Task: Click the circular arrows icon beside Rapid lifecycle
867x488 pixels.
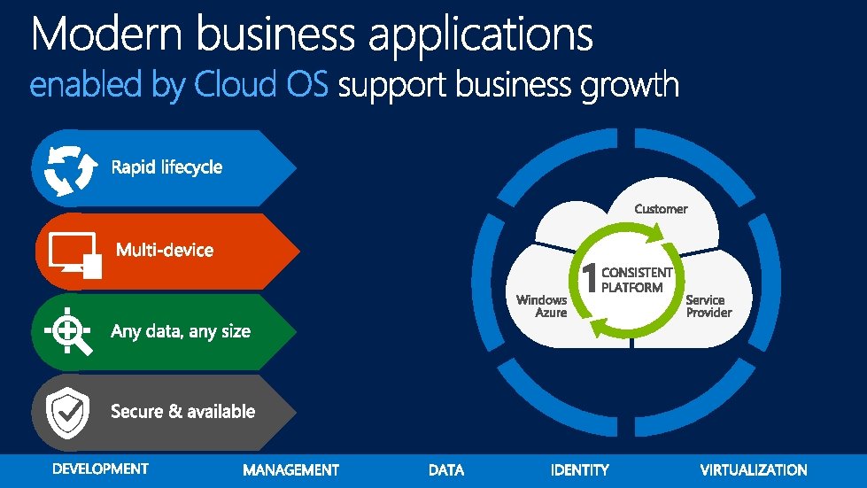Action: pos(64,168)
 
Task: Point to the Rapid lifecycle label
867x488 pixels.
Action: pos(166,167)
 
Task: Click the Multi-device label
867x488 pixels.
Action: pos(165,250)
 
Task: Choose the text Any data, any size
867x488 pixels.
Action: pos(181,332)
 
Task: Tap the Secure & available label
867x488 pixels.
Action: pos(182,412)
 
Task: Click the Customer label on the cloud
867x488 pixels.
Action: pos(661,209)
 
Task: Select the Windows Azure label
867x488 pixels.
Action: pos(543,306)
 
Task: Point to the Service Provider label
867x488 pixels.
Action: pos(708,306)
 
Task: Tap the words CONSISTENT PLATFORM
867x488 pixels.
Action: pos(636,280)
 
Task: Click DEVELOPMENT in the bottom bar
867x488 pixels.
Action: pos(101,469)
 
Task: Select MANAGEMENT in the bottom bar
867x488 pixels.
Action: pos(290,470)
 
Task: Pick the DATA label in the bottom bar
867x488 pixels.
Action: pos(446,470)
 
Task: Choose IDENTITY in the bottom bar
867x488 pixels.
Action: pos(580,470)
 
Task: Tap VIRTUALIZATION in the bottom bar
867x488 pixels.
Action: pos(754,470)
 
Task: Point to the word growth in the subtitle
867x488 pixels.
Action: pos(630,87)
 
